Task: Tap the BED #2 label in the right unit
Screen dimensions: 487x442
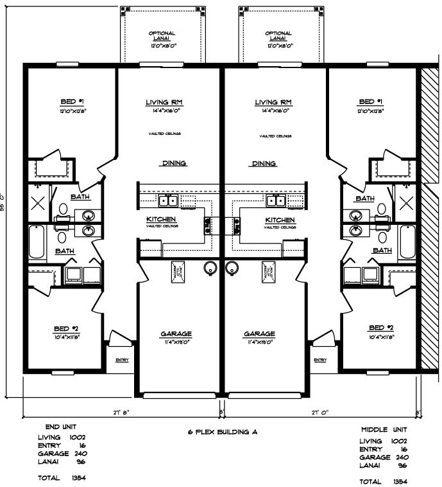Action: (x=382, y=327)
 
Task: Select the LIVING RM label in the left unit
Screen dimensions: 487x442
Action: (x=165, y=102)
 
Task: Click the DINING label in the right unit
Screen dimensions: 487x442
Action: (x=264, y=163)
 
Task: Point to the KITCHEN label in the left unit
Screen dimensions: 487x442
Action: (x=161, y=219)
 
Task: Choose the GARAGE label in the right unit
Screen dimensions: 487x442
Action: (x=259, y=334)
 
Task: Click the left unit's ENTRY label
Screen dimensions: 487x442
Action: (x=122, y=360)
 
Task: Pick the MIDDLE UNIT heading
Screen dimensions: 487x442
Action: (x=383, y=429)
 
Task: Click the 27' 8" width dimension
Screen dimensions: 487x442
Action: (x=121, y=411)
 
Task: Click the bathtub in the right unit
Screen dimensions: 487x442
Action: (x=408, y=242)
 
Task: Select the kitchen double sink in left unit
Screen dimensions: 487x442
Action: (x=169, y=201)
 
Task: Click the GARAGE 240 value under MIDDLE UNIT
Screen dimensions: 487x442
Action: (x=398, y=457)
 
